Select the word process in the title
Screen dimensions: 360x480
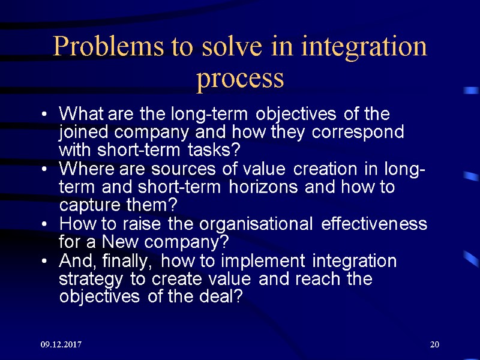[x=240, y=79]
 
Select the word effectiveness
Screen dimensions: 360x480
[x=374, y=224]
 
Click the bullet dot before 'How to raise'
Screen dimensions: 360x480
[x=46, y=226]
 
